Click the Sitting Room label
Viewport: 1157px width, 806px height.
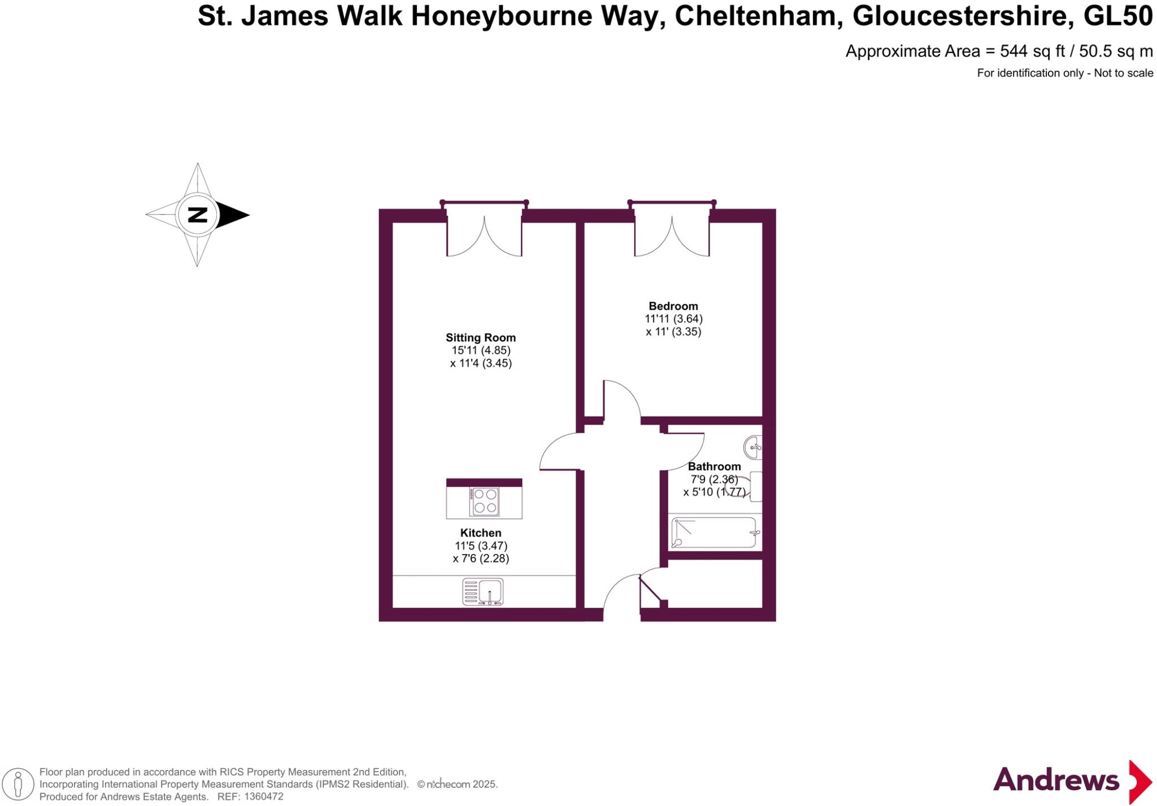[480, 338]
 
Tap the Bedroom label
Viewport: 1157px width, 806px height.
[673, 306]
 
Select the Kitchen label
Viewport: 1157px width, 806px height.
[481, 533]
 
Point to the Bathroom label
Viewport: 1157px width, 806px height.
[714, 467]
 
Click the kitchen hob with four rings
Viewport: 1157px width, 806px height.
[485, 501]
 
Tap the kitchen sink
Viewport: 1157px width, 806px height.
[483, 591]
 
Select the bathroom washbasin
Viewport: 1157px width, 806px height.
[754, 448]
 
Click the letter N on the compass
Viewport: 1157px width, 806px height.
[197, 215]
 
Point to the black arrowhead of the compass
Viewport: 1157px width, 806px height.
[232, 215]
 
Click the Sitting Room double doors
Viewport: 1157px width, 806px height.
[484, 234]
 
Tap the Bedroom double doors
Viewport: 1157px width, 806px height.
[672, 234]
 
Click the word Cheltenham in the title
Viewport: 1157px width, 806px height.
[756, 16]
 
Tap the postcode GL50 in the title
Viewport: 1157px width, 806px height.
[1117, 16]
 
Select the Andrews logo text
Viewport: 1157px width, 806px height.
[1055, 781]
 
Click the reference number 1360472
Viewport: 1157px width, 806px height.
[262, 796]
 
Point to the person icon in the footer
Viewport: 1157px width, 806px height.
[18, 785]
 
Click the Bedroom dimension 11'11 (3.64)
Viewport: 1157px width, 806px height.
[673, 319]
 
